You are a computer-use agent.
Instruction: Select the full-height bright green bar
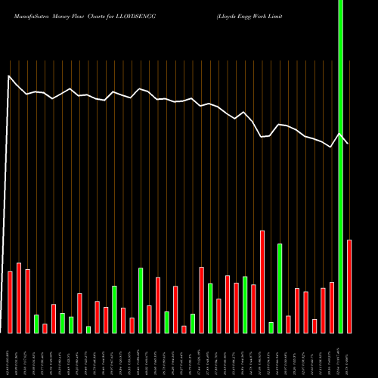(x=340, y=166)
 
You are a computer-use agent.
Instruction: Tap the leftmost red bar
(x=10, y=302)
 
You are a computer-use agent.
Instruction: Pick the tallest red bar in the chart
(x=262, y=281)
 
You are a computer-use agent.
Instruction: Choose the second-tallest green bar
(x=280, y=288)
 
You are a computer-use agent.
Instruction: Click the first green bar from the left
(x=36, y=324)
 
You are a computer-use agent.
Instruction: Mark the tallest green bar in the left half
(x=141, y=300)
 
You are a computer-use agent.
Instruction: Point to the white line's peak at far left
(x=10, y=76)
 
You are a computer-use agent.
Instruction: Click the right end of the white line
(x=349, y=144)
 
